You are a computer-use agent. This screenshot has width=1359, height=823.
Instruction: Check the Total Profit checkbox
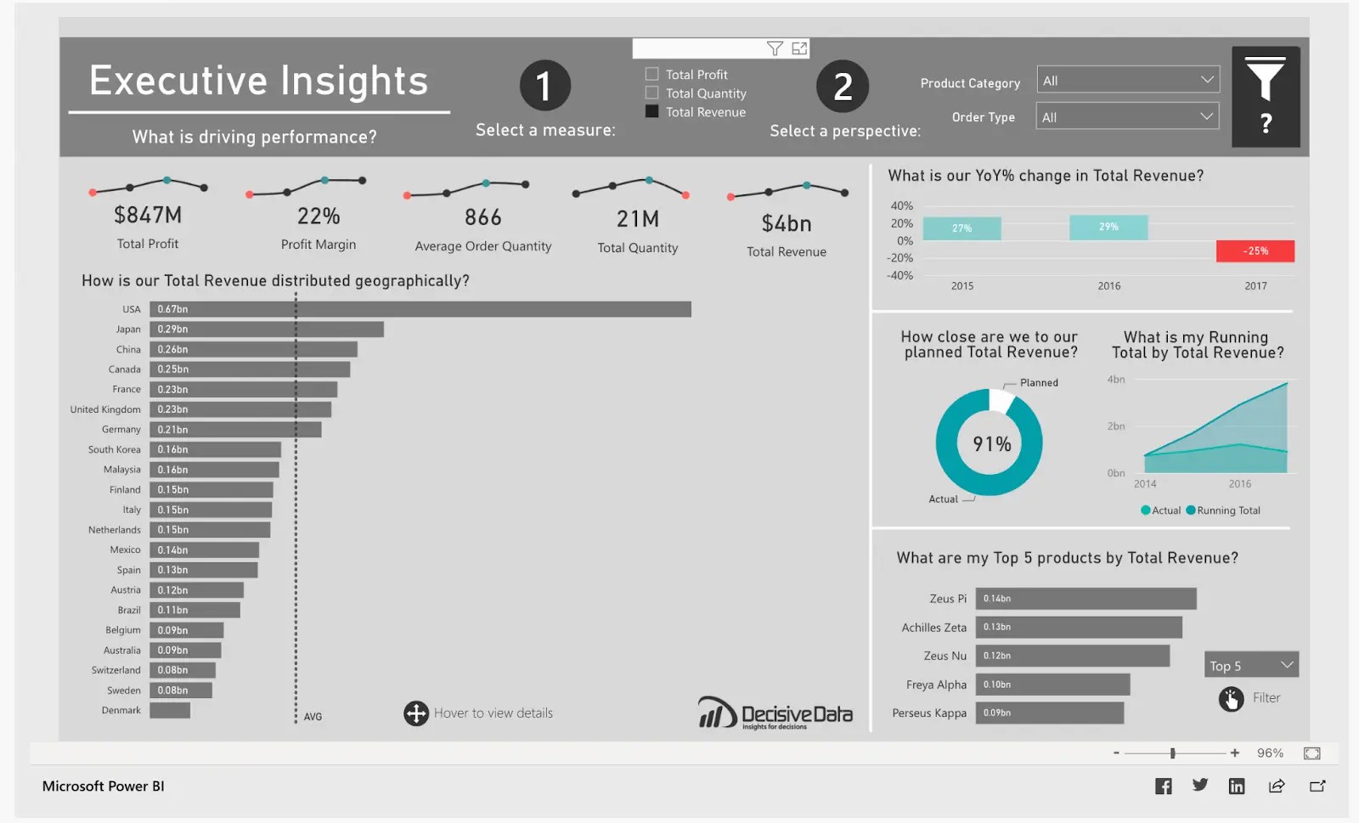pyautogui.click(x=652, y=75)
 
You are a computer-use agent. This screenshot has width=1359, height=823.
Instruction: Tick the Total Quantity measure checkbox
pyautogui.click(x=652, y=93)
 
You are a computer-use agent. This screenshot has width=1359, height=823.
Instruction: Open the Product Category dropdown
pyautogui.click(x=1128, y=81)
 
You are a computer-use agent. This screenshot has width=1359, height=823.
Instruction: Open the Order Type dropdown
pyautogui.click(x=1128, y=117)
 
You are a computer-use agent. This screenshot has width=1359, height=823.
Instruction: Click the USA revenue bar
pyautogui.click(x=420, y=309)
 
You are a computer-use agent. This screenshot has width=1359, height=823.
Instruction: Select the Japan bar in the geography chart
pyautogui.click(x=267, y=330)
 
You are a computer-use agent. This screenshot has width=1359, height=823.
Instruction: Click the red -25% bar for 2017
pyautogui.click(x=1255, y=251)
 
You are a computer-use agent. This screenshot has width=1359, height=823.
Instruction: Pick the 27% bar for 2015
pyautogui.click(x=961, y=228)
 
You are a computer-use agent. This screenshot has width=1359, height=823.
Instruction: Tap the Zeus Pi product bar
pyautogui.click(x=1086, y=599)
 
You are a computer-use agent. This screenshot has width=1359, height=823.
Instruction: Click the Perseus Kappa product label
pyautogui.click(x=929, y=713)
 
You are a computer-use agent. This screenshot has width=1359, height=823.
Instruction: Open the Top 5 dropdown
pyautogui.click(x=1251, y=666)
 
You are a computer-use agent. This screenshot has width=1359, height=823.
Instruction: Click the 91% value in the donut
pyautogui.click(x=991, y=444)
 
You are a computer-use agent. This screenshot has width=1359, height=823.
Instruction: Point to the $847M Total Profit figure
pyautogui.click(x=148, y=216)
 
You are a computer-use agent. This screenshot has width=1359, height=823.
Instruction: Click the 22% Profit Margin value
pyautogui.click(x=319, y=217)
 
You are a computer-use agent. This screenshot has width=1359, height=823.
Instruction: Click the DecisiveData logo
pyautogui.click(x=775, y=713)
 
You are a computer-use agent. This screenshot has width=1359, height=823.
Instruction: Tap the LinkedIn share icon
pyautogui.click(x=1237, y=786)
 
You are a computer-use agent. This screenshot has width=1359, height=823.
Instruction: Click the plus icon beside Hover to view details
pyautogui.click(x=416, y=713)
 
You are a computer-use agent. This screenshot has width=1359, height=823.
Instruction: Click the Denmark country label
pyautogui.click(x=121, y=711)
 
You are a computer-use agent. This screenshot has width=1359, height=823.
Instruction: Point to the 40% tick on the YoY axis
pyautogui.click(x=901, y=206)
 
